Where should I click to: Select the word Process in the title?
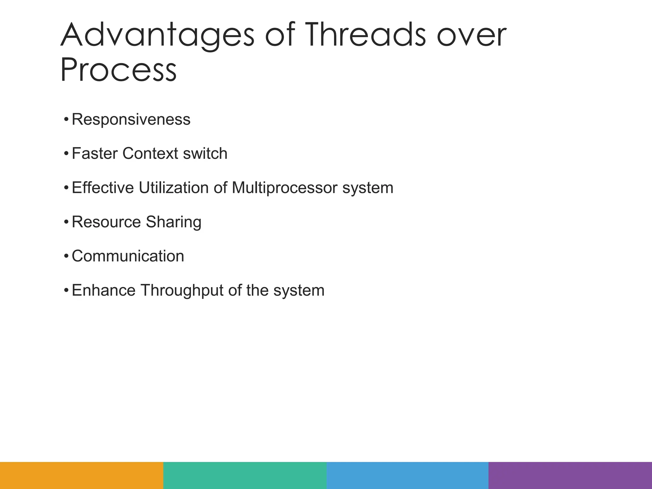pos(118,70)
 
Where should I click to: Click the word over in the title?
pos(471,36)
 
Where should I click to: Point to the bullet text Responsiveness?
pos(131,120)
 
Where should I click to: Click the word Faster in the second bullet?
pos(95,153)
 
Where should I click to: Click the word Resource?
pos(106,222)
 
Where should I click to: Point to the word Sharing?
pos(174,222)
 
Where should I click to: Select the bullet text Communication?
pos(128,256)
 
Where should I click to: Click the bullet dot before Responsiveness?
pos(66,120)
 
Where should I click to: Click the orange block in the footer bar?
pos(81,475)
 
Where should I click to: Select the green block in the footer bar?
pos(245,475)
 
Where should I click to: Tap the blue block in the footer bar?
pos(407,475)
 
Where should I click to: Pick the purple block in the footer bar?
pos(570,475)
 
